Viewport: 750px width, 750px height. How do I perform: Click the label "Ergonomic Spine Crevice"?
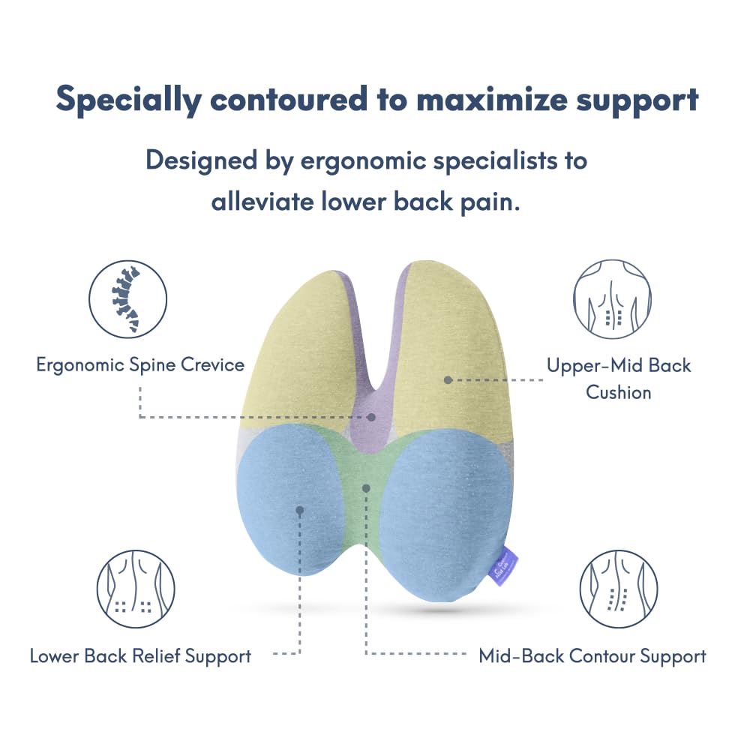coord(140,365)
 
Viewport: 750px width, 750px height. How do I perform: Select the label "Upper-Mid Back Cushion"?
coord(619,379)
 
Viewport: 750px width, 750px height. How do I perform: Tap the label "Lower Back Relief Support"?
coord(140,656)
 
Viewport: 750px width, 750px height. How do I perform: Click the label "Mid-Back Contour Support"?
coord(592,656)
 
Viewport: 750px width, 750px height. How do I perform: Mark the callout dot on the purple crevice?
coord(371,416)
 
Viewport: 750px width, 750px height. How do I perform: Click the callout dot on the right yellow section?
coord(448,380)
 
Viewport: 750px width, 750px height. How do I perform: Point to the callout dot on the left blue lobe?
coord(299,510)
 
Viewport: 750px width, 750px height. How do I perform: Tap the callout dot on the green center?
coord(366,487)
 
